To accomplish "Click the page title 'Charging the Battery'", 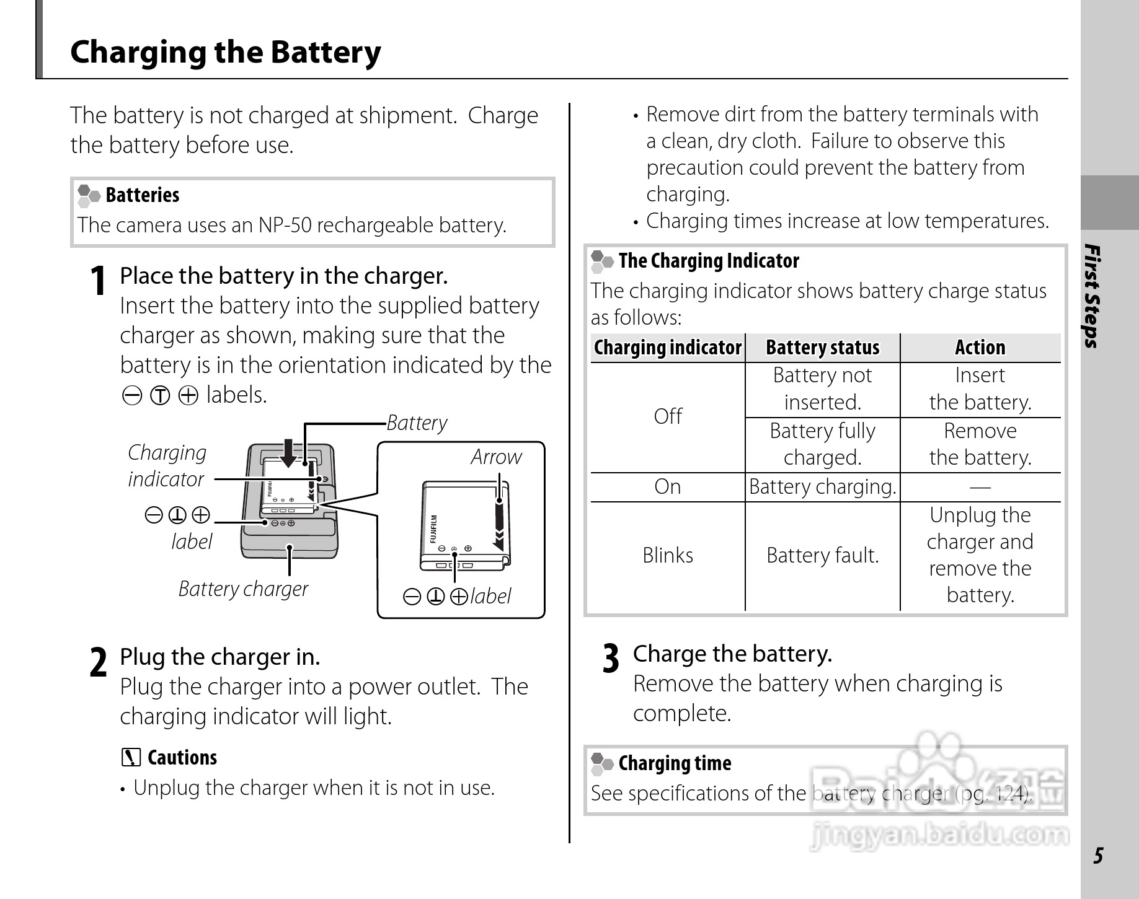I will click(226, 52).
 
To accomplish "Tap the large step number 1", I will click(97, 281).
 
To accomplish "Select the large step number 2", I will click(98, 663).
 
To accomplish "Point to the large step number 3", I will click(611, 659).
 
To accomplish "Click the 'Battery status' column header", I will click(822, 348).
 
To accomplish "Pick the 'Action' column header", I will click(980, 348).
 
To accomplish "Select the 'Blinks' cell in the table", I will click(668, 555).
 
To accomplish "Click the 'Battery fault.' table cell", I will click(822, 555).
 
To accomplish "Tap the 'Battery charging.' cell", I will click(822, 487).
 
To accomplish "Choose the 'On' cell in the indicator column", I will click(668, 487).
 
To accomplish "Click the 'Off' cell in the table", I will click(668, 416).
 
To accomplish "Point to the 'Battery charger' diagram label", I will click(243, 589).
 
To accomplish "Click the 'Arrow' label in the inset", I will click(496, 457).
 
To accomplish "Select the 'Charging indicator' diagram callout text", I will click(167, 466).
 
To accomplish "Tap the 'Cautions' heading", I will click(182, 758).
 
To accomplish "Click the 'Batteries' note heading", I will click(142, 195).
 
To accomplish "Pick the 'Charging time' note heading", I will click(675, 763).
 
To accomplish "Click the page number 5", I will click(1098, 856).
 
